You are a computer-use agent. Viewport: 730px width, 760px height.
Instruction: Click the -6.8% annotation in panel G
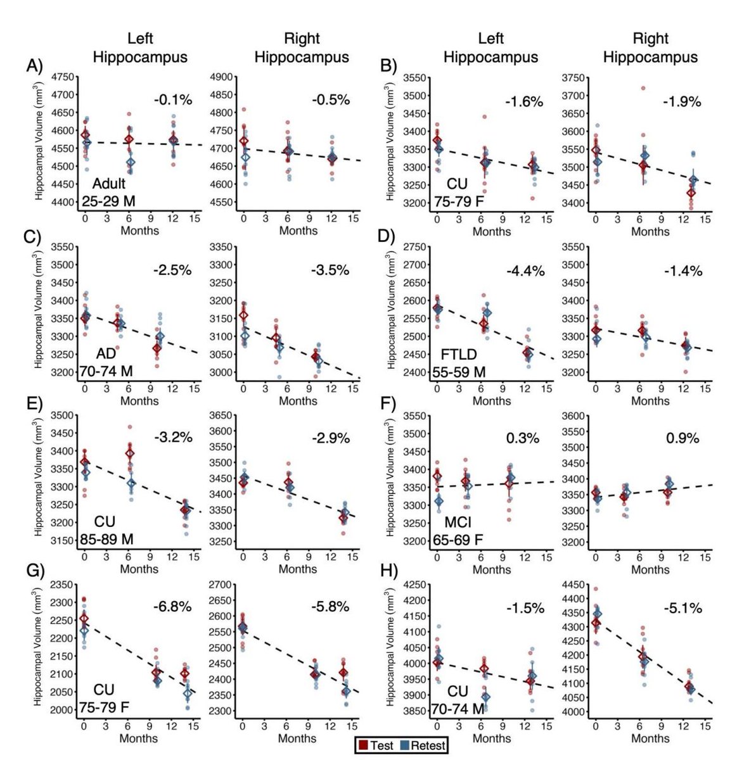(172, 607)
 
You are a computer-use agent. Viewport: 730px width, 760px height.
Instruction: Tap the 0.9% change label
(682, 438)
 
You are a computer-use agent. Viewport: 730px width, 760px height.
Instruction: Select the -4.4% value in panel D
(525, 271)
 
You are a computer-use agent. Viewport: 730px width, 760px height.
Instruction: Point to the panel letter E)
(34, 405)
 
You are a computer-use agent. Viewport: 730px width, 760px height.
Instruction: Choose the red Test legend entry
(377, 745)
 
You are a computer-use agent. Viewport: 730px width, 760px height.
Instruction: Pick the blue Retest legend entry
(424, 745)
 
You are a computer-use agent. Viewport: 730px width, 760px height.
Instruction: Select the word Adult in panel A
(109, 184)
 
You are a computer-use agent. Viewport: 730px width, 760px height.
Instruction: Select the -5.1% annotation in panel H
(683, 609)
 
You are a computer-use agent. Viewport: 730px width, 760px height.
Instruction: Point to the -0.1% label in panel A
(172, 99)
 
